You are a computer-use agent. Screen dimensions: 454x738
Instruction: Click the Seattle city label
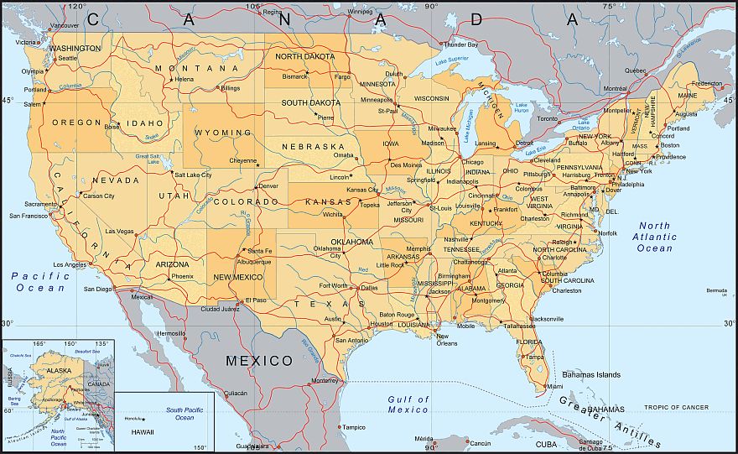pyautogui.click(x=67, y=58)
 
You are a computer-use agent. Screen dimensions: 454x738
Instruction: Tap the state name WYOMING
pyautogui.click(x=223, y=133)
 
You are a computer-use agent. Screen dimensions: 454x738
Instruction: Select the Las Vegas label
pyautogui.click(x=119, y=231)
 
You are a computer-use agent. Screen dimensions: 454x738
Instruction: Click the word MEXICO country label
pyautogui.click(x=259, y=361)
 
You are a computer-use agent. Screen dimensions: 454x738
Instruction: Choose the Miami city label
pyautogui.click(x=553, y=386)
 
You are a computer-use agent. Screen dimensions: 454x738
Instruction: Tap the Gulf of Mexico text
pyautogui.click(x=408, y=404)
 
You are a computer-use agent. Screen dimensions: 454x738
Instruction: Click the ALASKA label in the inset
pyautogui.click(x=59, y=370)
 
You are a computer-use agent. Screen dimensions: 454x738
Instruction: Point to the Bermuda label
pyautogui.click(x=717, y=290)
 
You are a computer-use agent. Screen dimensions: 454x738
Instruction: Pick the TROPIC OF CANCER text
pyautogui.click(x=677, y=407)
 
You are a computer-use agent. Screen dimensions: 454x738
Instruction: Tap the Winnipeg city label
pyautogui.click(x=360, y=12)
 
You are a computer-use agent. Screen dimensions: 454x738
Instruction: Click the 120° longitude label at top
pyautogui.click(x=77, y=6)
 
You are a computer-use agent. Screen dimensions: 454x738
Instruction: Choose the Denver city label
pyautogui.click(x=268, y=185)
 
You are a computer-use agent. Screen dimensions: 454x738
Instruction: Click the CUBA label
pyautogui.click(x=546, y=444)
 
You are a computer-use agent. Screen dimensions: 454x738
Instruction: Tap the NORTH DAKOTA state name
pyautogui.click(x=305, y=57)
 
